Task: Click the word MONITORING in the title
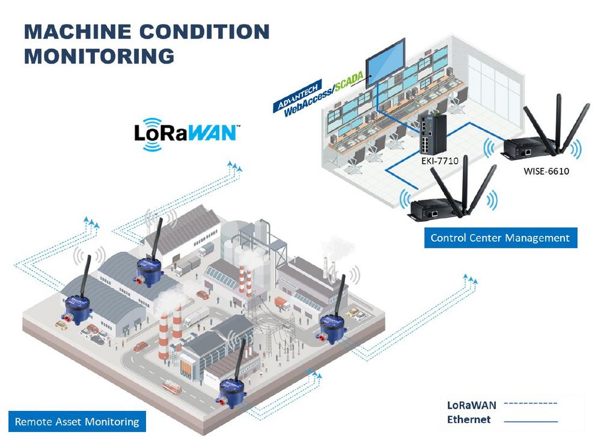coord(99,56)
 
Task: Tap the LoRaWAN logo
coord(187,134)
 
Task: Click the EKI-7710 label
coord(440,161)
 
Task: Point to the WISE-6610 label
coord(546,171)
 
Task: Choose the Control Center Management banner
coord(501,238)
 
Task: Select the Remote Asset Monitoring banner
coord(77,421)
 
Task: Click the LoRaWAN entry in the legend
coord(471,405)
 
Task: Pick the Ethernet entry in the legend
coord(469,419)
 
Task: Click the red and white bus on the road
coord(172,387)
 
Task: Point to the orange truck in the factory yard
coord(282,303)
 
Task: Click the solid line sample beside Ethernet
coord(531,421)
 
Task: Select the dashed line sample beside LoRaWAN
coord(531,403)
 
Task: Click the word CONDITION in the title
coord(204,31)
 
